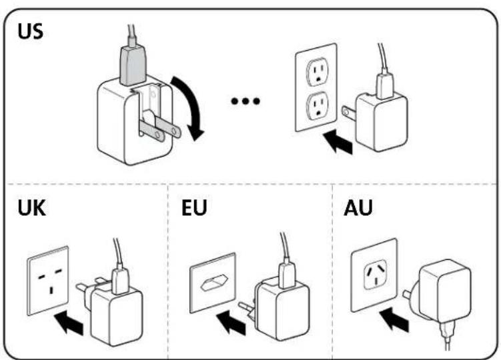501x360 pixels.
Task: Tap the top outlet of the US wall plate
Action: pos(318,70)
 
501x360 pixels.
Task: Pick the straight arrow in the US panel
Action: pos(338,142)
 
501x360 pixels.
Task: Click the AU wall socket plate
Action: pos(375,273)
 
